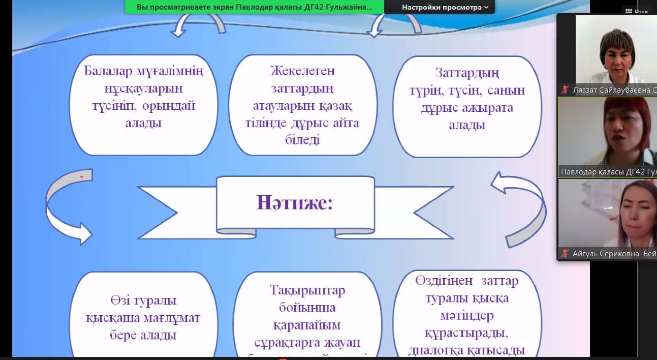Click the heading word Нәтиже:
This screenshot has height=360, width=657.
[295, 202]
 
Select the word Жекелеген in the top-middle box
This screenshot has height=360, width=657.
[303, 71]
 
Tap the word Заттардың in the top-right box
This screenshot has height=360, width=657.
[467, 73]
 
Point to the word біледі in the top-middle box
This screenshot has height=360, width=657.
[302, 140]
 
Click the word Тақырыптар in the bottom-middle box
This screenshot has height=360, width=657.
[307, 290]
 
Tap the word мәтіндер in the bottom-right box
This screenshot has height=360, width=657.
[466, 316]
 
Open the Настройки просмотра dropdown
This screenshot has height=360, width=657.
[445, 7]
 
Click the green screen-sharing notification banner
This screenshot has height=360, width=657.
[254, 7]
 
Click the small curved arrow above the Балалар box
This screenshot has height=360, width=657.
[198, 25]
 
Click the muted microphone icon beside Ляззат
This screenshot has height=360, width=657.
[565, 90]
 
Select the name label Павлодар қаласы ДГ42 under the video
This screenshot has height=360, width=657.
[608, 172]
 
